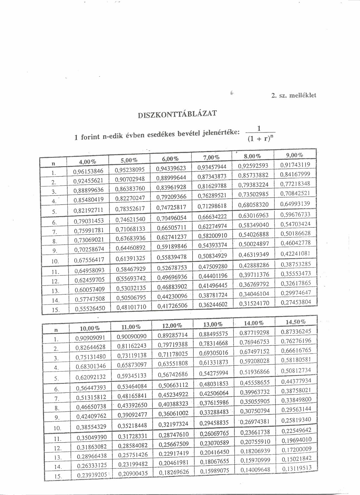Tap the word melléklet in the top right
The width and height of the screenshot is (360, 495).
(x=304, y=95)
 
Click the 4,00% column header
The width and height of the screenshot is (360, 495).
(x=88, y=162)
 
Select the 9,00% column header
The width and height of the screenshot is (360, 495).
(x=294, y=155)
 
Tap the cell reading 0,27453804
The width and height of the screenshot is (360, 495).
(x=296, y=302)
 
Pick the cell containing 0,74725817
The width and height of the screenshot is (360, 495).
(x=171, y=207)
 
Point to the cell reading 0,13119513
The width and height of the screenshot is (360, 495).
(x=297, y=469)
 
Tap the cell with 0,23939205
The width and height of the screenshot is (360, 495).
(x=92, y=475)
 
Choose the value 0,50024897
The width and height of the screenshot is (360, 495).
(x=254, y=244)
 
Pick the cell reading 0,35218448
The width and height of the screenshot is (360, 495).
(x=132, y=425)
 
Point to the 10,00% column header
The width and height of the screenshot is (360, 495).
(x=90, y=328)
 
